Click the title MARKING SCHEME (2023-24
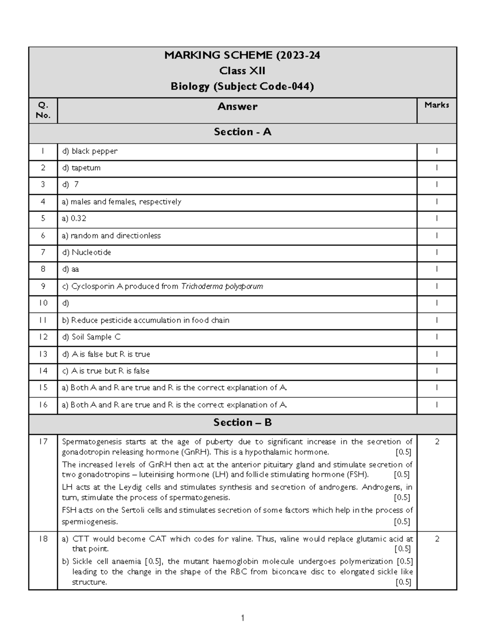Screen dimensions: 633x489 [242, 55]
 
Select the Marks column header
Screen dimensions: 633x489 [436, 105]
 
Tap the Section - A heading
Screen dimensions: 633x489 [242, 132]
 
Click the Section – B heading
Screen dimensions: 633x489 [242, 423]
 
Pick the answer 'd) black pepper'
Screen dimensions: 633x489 [90, 151]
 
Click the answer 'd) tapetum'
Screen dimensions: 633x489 [81, 168]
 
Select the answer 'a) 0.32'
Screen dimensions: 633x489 [74, 218]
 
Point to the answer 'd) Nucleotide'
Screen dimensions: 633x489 [86, 252]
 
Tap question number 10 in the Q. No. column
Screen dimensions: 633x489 [43, 303]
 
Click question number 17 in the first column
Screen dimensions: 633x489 [43, 441]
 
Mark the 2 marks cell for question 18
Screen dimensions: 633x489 [437, 539]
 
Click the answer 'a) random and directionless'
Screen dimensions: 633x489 [111, 236]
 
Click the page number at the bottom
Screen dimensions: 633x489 [242, 618]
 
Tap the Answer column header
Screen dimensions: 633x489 [237, 107]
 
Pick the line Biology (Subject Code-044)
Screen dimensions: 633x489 [242, 86]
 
